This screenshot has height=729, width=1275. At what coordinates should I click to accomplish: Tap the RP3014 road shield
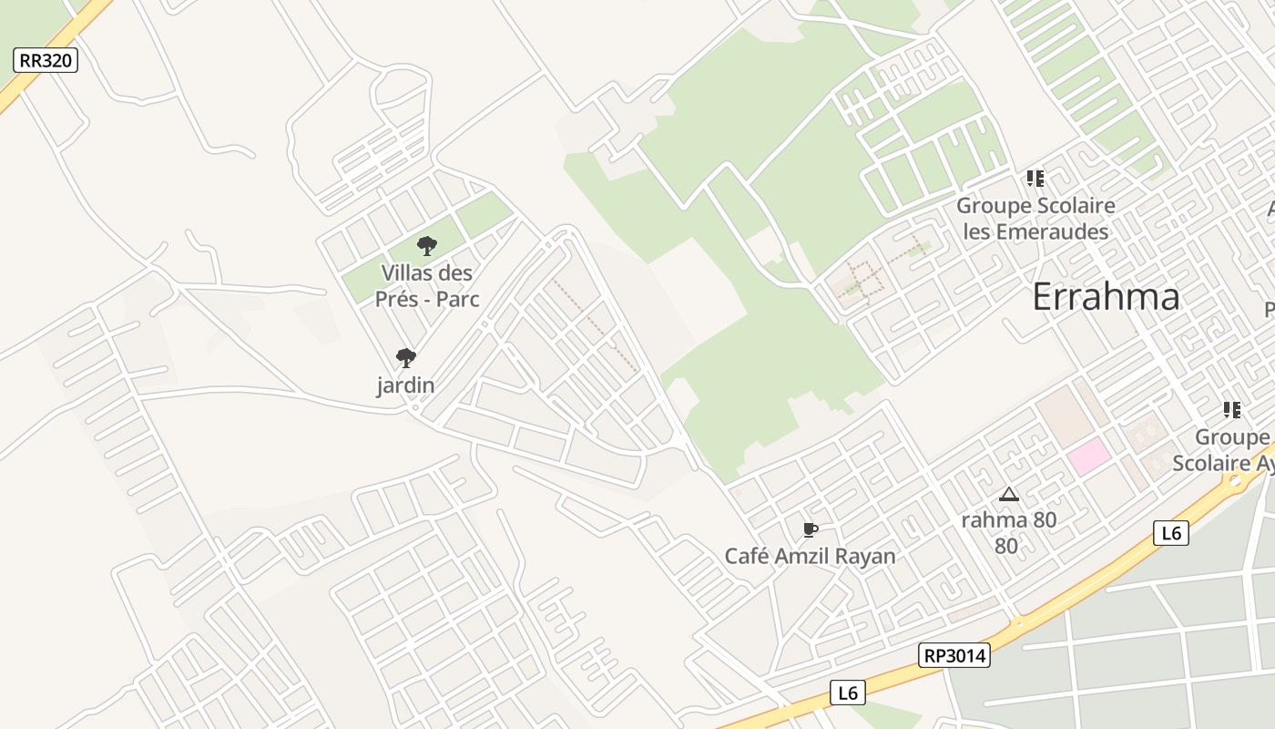(954, 655)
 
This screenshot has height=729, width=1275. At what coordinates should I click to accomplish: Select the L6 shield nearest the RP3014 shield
(847, 693)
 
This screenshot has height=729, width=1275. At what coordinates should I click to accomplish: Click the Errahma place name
(1106, 297)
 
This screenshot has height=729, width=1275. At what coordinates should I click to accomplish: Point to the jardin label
(405, 385)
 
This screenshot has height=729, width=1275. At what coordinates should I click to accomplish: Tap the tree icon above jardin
(405, 358)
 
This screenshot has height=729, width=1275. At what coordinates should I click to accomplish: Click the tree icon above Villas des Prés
(426, 246)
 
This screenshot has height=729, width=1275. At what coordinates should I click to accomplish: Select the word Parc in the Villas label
(457, 299)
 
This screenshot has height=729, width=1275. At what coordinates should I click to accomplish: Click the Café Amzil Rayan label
(810, 556)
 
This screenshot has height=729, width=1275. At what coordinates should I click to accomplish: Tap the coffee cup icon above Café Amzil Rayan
(810, 530)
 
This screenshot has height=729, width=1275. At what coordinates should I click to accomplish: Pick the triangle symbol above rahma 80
(1008, 495)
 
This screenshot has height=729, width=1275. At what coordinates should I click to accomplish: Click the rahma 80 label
(1008, 520)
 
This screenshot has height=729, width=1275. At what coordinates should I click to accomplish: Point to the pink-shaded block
(1088, 456)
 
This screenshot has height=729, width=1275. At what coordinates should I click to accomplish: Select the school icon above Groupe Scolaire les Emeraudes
(1035, 179)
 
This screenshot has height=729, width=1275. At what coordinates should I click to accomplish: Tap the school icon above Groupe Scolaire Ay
(1231, 410)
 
